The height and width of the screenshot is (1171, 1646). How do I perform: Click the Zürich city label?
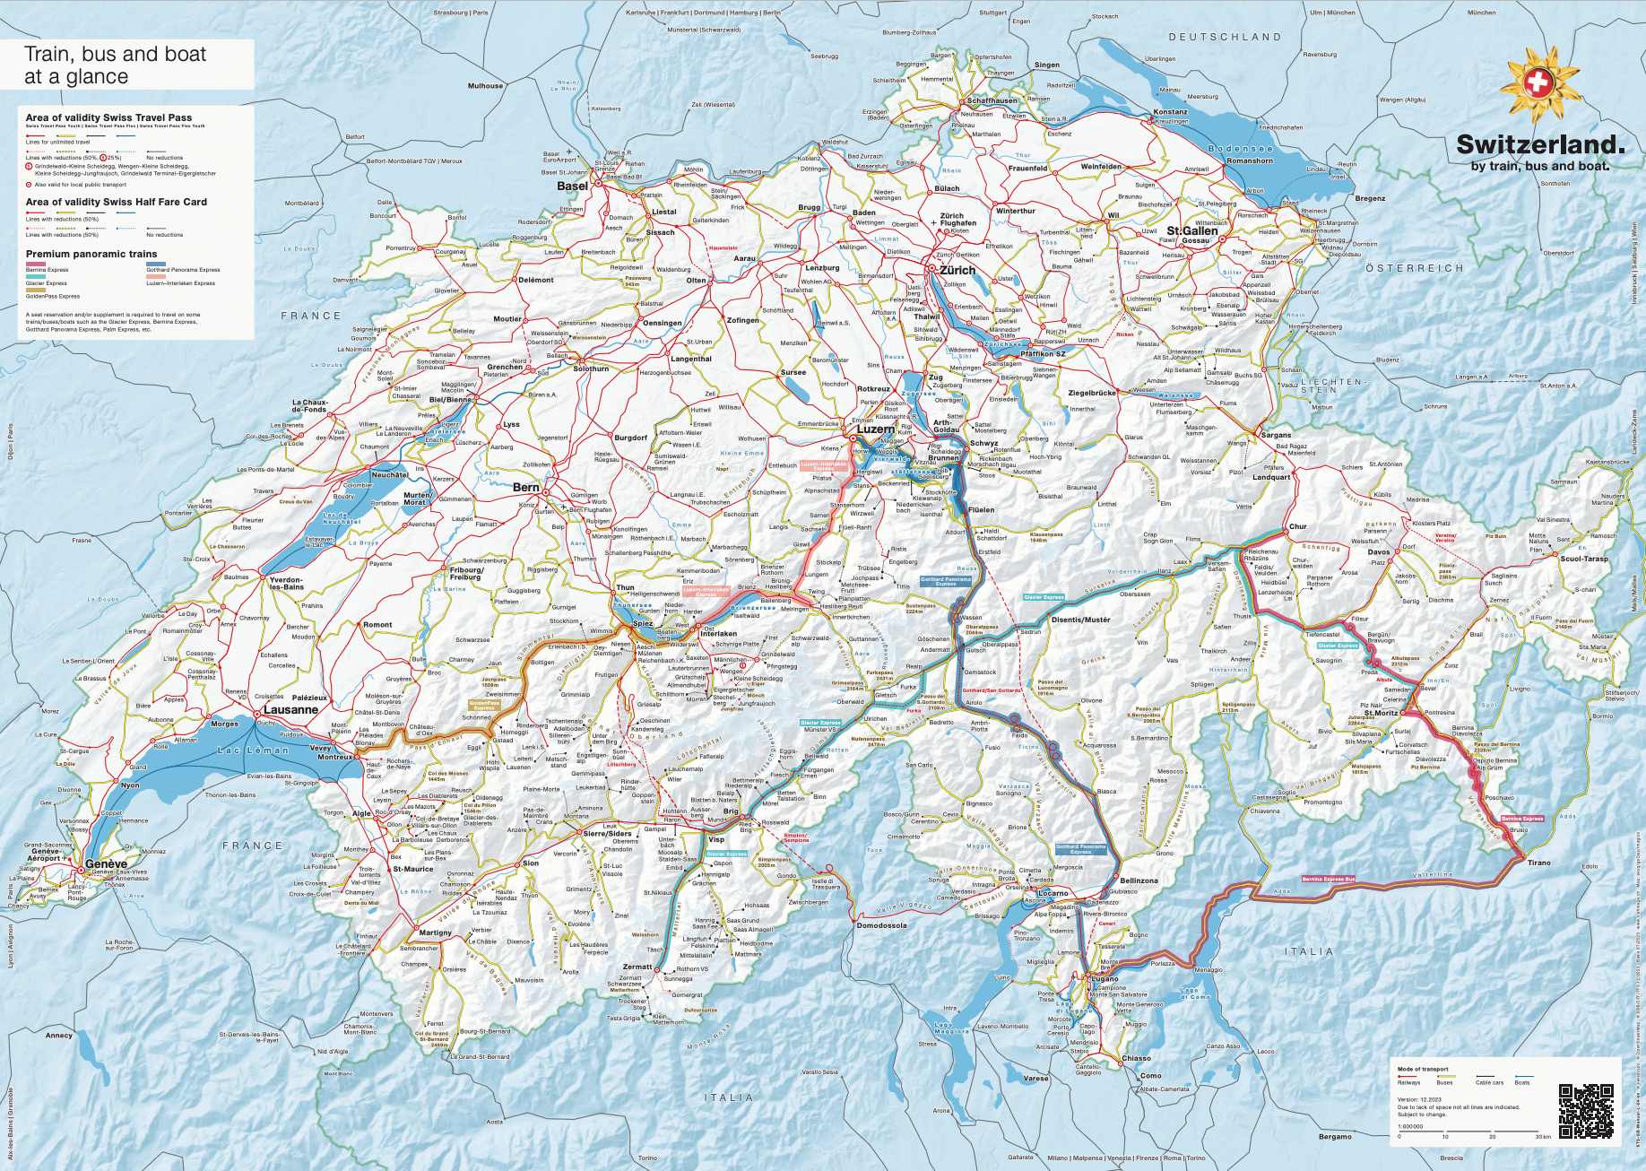coord(957,270)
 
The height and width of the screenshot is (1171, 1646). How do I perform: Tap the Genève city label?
coord(106,863)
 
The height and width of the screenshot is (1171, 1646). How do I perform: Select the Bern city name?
coord(526,488)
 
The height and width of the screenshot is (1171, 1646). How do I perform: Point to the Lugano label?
coord(1105,979)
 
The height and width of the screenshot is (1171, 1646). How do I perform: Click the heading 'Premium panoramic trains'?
coord(91,254)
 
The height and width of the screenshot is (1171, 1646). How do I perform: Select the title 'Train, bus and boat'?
coord(115,55)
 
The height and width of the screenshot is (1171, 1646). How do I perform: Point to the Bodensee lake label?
coord(1240,149)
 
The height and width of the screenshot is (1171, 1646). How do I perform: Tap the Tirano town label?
coord(1538,863)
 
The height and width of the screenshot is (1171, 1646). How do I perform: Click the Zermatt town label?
coord(637,967)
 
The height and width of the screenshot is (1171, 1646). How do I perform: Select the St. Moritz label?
coord(1381,713)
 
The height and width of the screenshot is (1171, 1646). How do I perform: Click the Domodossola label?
coord(881,925)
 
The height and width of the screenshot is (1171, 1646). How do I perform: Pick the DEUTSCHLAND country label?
coord(1225,37)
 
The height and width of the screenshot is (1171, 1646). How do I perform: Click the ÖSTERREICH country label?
coord(1414,268)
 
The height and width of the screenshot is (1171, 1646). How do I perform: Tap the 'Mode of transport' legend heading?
coord(1422,1069)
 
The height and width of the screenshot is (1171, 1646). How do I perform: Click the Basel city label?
coord(572,186)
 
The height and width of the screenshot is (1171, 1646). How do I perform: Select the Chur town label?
coord(1297,526)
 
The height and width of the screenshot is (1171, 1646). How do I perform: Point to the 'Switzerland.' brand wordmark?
coord(1539,144)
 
